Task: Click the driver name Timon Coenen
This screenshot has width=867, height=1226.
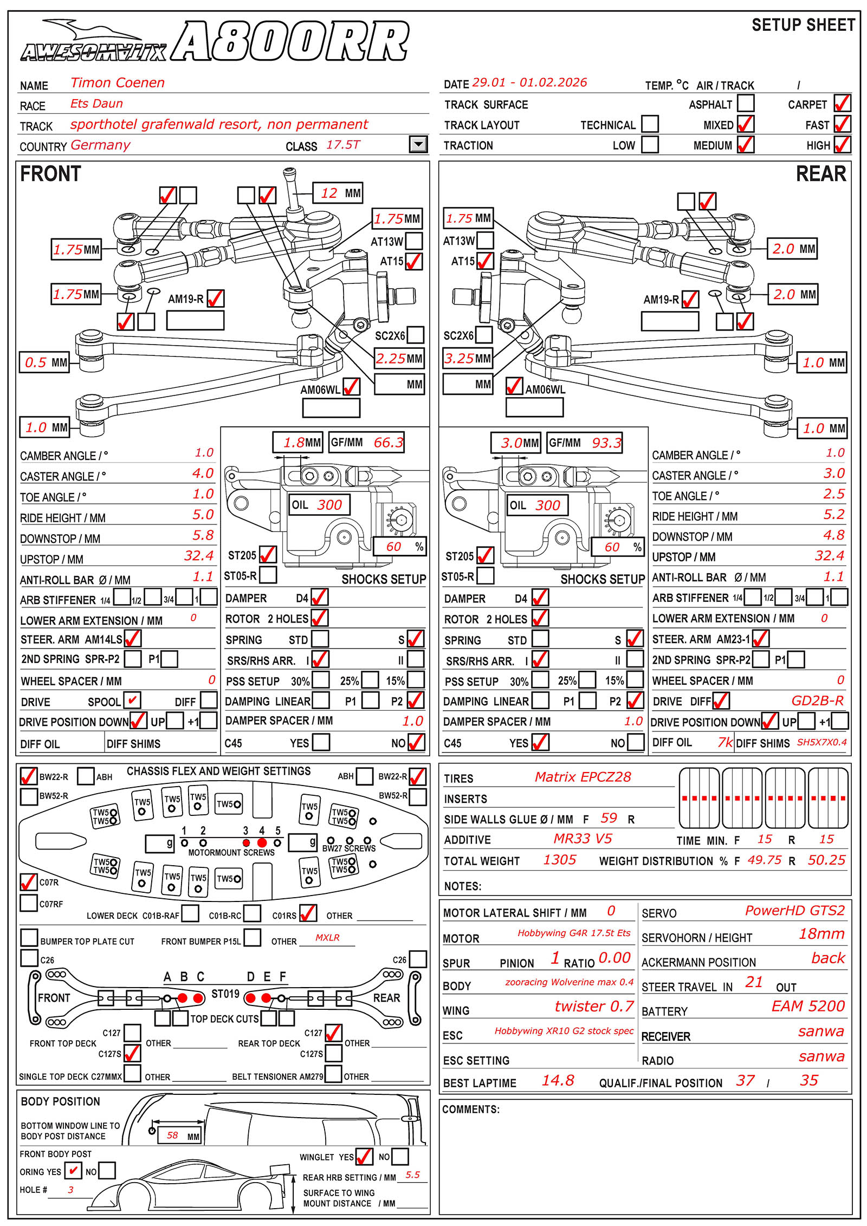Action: click(118, 83)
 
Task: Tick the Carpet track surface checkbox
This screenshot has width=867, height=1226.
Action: click(842, 103)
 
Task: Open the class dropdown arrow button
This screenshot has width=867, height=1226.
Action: click(418, 144)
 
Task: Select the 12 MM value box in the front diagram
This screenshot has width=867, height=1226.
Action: click(338, 193)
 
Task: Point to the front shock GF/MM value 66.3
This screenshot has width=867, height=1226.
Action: click(388, 443)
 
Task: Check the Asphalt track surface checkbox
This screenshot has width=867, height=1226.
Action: click(746, 103)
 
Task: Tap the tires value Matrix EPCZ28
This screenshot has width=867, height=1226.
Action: click(583, 777)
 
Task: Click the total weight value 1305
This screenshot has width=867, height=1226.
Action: click(560, 860)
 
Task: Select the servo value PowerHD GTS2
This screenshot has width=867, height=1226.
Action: click(794, 911)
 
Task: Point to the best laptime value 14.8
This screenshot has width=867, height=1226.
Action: click(558, 1080)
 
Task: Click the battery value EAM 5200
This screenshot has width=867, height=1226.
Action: click(808, 1006)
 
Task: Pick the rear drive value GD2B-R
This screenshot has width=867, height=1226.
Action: click(817, 701)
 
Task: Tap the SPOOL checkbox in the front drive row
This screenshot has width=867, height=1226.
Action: click(132, 700)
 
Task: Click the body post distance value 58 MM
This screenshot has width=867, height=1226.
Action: click(179, 1136)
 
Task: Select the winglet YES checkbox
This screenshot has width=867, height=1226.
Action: click(364, 1157)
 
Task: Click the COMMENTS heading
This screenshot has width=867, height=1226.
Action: click(470, 1109)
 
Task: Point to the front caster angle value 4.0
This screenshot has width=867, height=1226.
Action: click(203, 473)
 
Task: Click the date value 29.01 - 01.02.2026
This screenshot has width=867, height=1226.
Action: click(529, 82)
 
